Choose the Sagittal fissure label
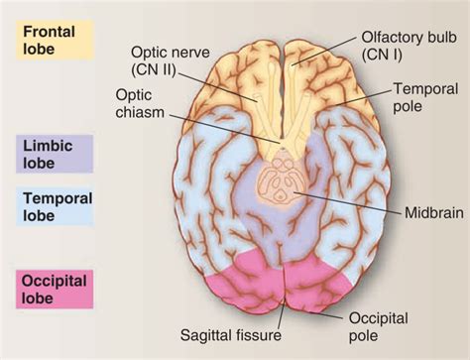(238, 336)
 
